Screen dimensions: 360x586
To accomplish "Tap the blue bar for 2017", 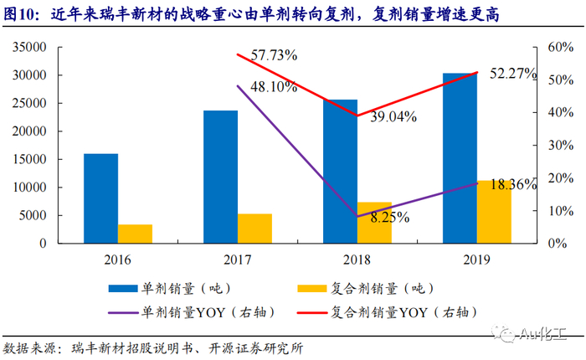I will pos(220,177).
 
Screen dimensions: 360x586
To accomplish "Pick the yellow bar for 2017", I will pos(255,229).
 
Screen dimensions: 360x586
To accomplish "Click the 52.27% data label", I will pos(509,74).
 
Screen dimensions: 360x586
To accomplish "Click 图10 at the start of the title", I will pos(22,13).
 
